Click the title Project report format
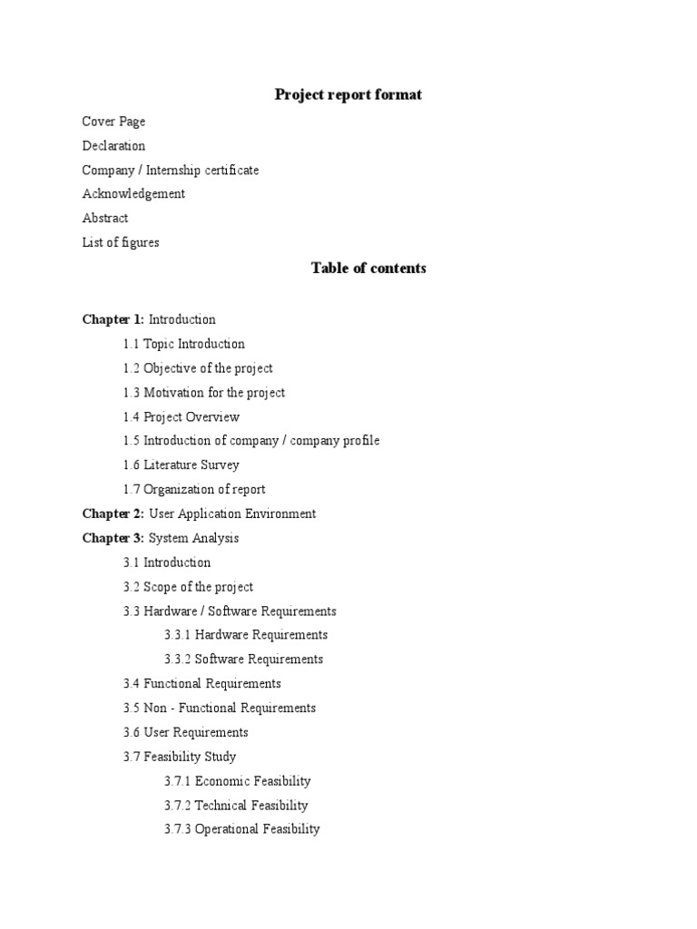click(x=348, y=95)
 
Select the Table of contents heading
click(x=368, y=268)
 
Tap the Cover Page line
click(x=113, y=122)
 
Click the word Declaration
click(x=113, y=146)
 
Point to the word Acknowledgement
click(x=133, y=194)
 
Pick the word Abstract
click(x=105, y=219)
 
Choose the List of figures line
click(x=121, y=243)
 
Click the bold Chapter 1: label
click(x=113, y=319)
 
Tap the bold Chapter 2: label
click(x=113, y=514)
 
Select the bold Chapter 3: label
click(x=113, y=538)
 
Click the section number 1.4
click(x=132, y=417)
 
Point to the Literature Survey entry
click(x=191, y=465)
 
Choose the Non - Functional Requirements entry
click(x=230, y=709)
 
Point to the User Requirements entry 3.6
click(x=195, y=733)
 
